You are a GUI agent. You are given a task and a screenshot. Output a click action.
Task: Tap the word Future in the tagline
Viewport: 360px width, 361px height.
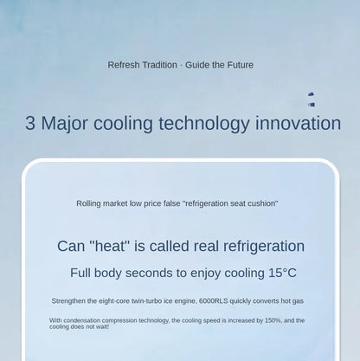click(241, 65)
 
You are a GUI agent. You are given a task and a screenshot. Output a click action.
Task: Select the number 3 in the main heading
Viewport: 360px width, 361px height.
click(30, 123)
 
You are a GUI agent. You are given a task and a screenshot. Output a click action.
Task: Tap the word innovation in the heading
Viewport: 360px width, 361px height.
click(298, 123)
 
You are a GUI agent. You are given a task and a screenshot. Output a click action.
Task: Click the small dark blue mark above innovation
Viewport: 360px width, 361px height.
click(312, 100)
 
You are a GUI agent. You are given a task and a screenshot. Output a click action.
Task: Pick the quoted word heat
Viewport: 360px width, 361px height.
click(109, 246)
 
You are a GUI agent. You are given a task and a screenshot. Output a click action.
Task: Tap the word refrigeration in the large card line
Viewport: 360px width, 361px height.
click(264, 247)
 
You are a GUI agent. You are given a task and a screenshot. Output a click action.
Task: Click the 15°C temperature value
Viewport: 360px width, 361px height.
click(282, 273)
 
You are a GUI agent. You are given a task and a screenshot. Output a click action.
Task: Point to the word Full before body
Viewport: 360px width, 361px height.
click(80, 273)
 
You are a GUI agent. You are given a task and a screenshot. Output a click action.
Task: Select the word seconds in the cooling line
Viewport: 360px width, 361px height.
click(149, 273)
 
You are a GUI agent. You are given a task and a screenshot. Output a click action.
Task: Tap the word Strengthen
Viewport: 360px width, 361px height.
click(68, 301)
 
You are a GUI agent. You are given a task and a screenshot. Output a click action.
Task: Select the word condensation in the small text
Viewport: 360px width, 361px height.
click(82, 320)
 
